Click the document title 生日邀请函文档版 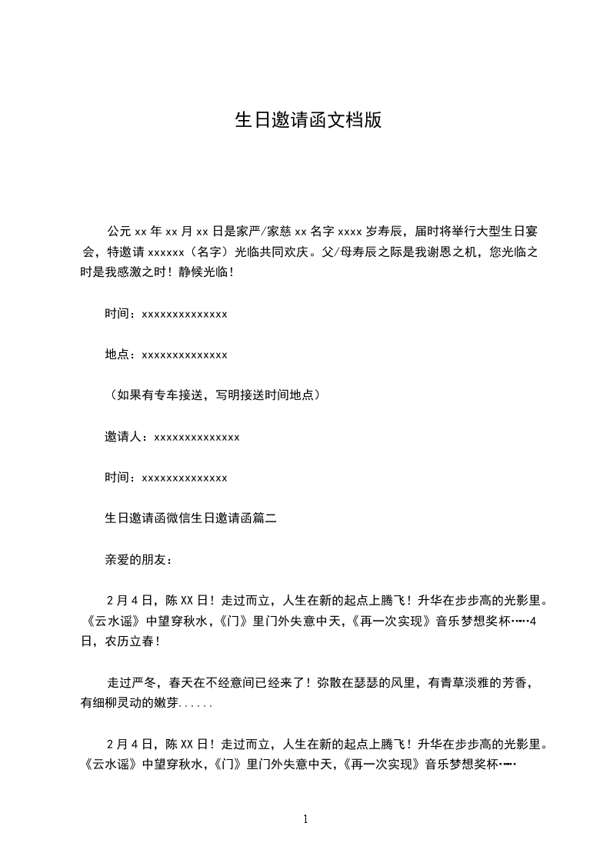tap(308, 121)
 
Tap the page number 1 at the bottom tap(305, 820)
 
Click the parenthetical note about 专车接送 tap(212, 396)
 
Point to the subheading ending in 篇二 tap(190, 519)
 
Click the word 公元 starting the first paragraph tap(118, 231)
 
